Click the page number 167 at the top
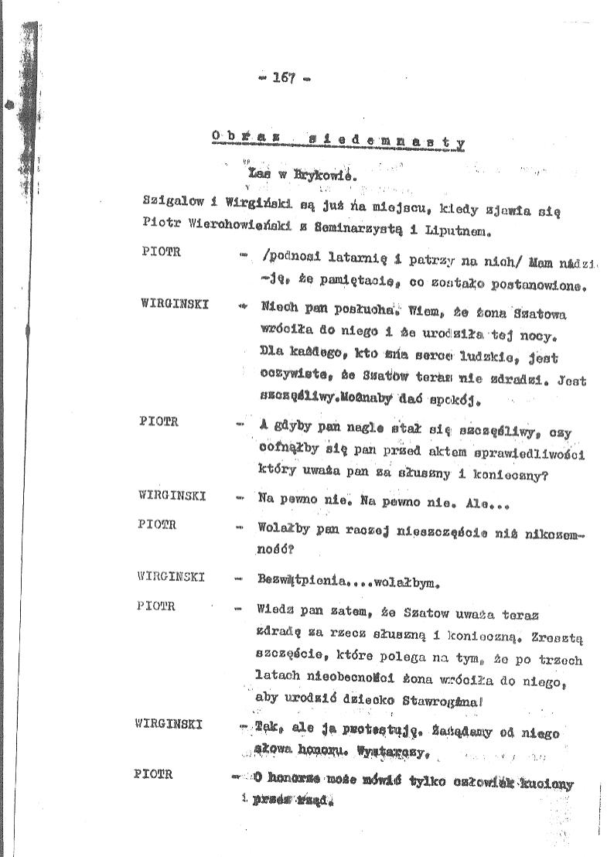point(285,77)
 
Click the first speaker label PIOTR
point(162,252)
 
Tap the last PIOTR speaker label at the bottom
point(153,773)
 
